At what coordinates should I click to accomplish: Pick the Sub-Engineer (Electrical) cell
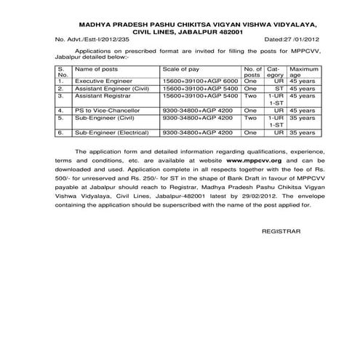(111, 133)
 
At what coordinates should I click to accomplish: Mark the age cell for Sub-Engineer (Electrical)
(300, 133)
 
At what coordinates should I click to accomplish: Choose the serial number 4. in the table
(60, 110)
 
